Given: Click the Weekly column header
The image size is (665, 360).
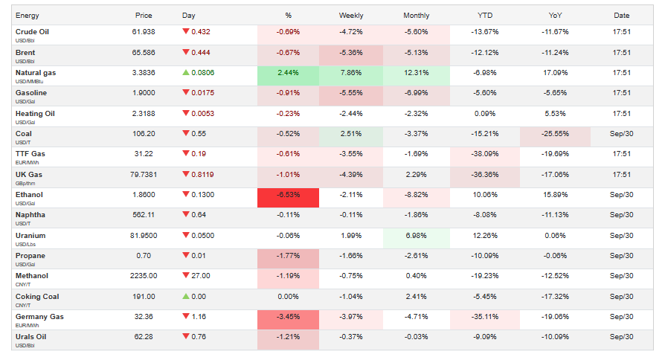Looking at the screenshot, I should pos(351,15).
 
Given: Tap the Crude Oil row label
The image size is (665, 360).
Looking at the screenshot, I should pos(33,32).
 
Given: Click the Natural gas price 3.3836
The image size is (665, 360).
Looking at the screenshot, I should pos(144,73).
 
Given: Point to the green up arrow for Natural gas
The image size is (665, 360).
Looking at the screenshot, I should pos(186,73).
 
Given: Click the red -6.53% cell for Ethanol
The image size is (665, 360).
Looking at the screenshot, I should pos(288,195).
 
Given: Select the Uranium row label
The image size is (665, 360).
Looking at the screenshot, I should pos(31,235).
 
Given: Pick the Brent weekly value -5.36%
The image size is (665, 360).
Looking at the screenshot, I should pos(351,53).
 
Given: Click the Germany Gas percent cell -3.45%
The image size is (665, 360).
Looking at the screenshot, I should pos(288,317).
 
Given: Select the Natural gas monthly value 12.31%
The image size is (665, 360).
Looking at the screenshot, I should pos(417,73).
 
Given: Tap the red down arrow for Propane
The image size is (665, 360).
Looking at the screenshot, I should pos(186,256).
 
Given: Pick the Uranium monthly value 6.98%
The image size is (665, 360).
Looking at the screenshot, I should pos(417,236).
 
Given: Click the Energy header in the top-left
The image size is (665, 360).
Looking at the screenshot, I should pos(28,15).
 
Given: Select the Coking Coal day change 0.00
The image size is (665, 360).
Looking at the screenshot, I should pos(201,297).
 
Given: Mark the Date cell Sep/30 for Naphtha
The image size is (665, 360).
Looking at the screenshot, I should pos(622,215).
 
